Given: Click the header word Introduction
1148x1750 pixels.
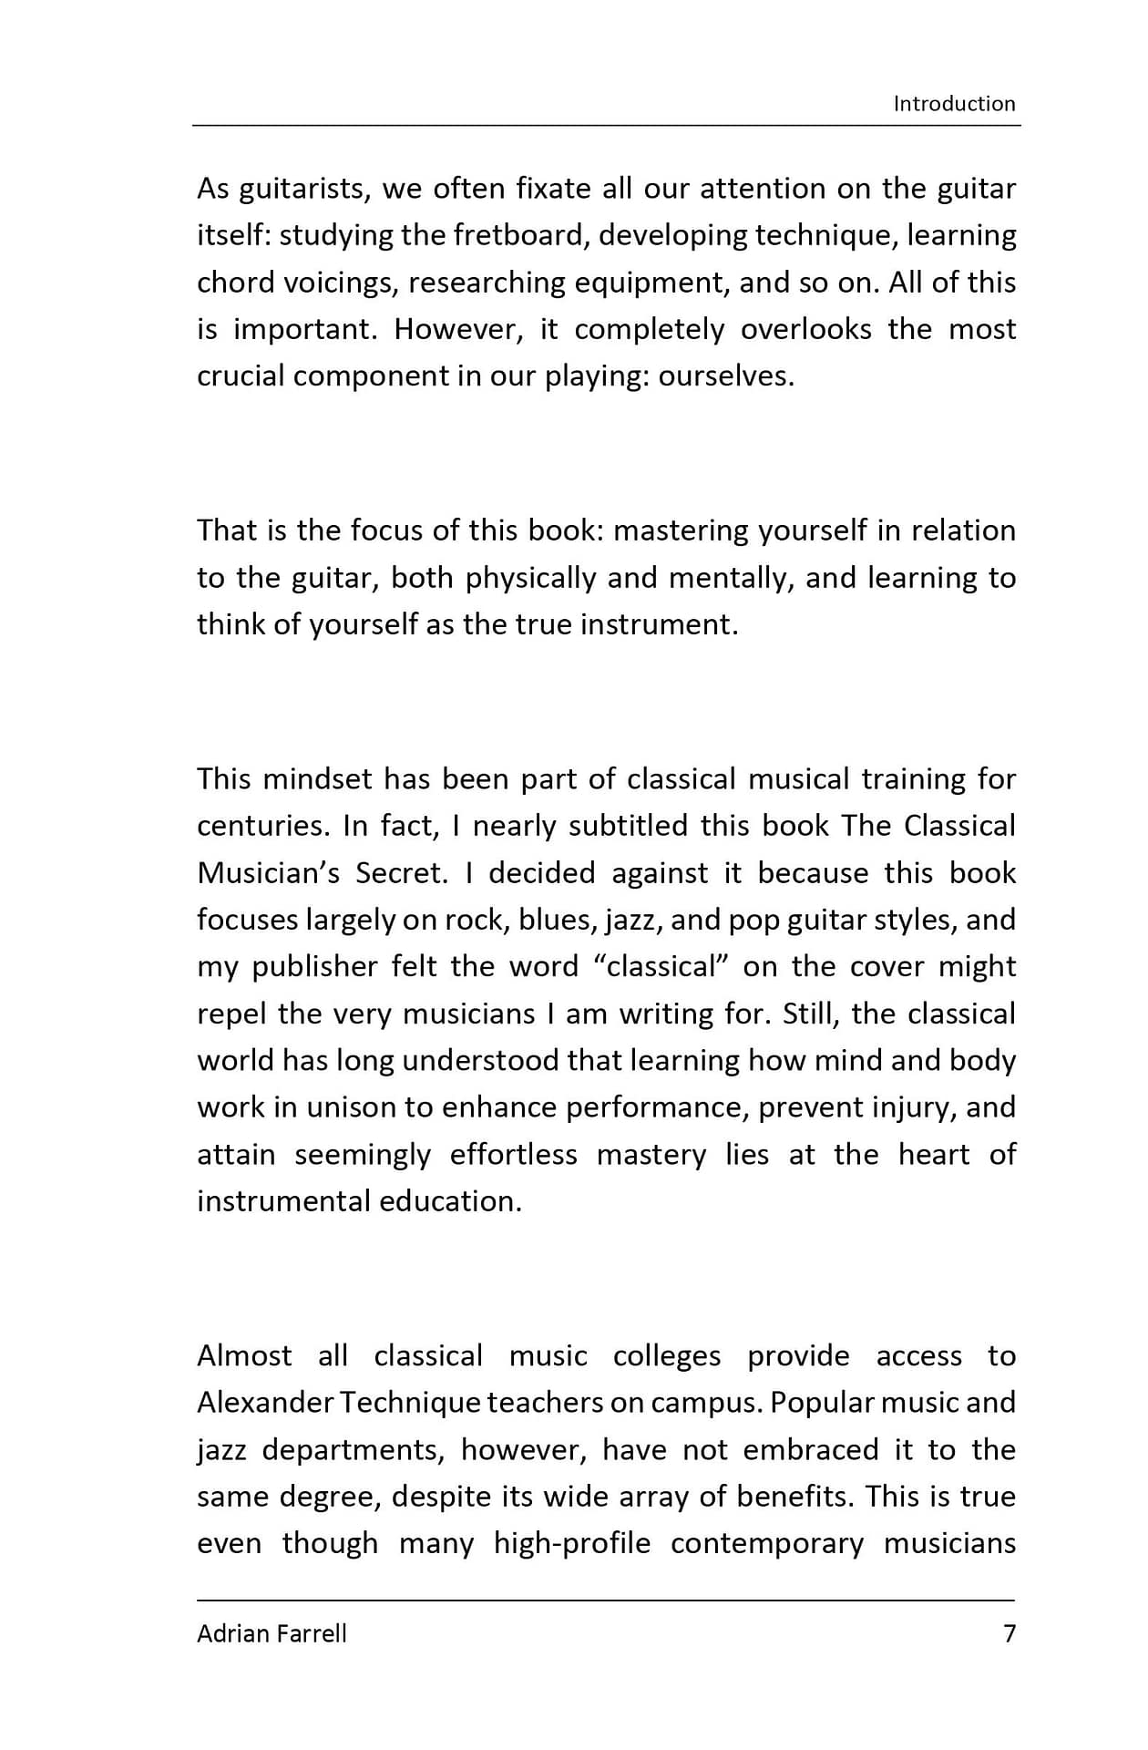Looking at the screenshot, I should (953, 103).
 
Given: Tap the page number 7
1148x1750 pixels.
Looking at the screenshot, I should (1009, 1632).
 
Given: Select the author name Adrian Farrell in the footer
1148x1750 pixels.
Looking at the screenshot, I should (272, 1632).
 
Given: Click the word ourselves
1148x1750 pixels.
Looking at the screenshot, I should (726, 376).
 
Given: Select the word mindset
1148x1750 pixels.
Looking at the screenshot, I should (317, 779).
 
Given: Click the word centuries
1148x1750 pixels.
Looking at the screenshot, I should (263, 826).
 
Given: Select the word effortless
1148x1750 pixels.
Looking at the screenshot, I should (513, 1155).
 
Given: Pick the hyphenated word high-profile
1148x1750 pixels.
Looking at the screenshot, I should (572, 1543).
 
